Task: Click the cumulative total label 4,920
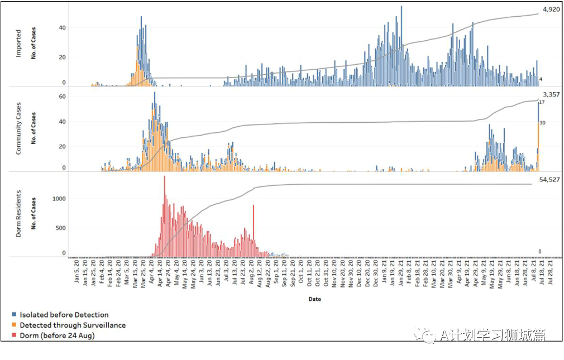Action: tap(552, 9)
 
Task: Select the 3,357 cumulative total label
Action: tap(551, 95)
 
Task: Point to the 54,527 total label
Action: tap(550, 180)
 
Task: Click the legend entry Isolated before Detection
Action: tap(64, 315)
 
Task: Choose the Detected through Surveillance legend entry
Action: tap(73, 325)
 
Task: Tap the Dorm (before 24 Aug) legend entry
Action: tap(58, 335)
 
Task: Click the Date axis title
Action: tap(314, 299)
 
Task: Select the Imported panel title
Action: tap(18, 44)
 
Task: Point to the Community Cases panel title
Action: tap(18, 128)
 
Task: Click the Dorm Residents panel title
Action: tap(18, 214)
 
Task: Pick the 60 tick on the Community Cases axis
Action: tap(63, 97)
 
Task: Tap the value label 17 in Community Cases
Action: tap(542, 102)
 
